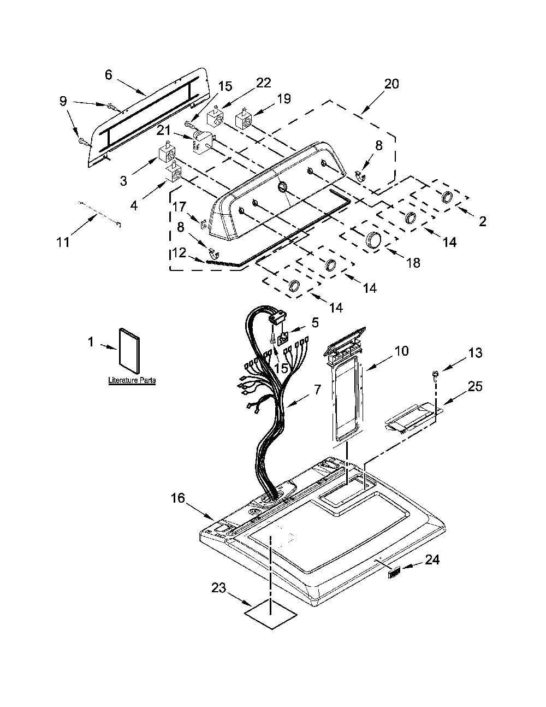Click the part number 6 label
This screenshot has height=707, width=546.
pos(109,75)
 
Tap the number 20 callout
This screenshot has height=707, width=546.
pos(391,84)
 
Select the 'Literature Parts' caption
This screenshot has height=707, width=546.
pos(132,380)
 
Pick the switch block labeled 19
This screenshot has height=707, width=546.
pos(245,120)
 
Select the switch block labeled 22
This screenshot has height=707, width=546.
pos(216,119)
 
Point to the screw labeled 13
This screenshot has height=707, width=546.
pos(436,374)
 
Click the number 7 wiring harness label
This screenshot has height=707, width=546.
pos(317,389)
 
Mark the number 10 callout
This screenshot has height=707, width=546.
pos(402,351)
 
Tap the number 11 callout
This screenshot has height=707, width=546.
pos(63,242)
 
